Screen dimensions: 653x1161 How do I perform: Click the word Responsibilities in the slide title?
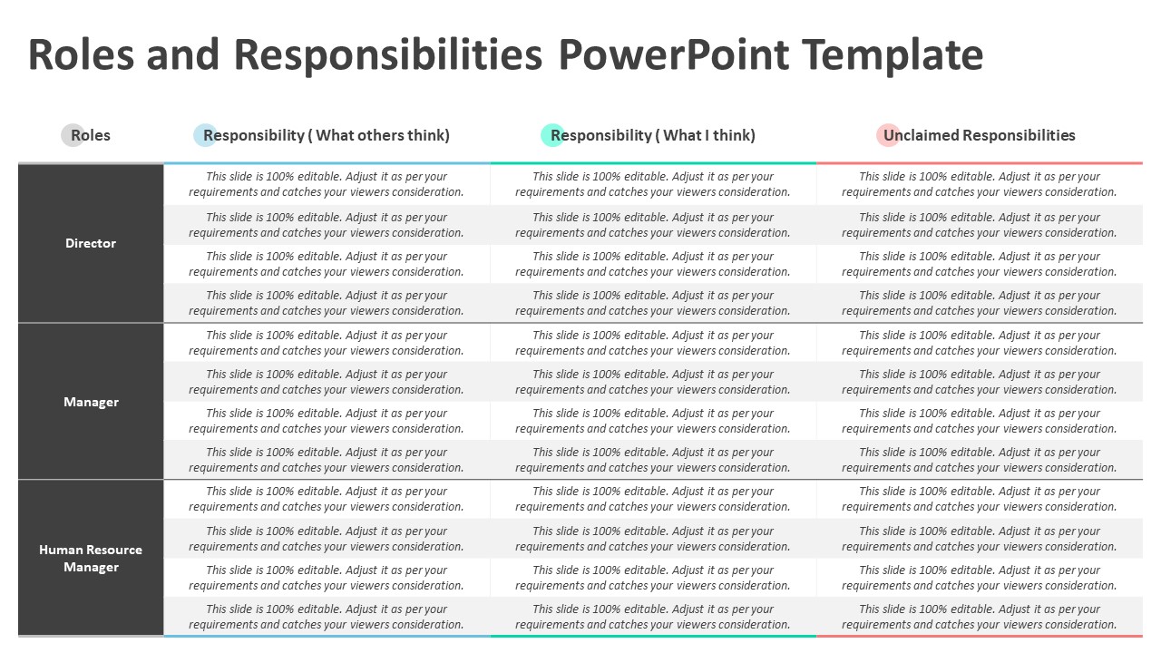388,54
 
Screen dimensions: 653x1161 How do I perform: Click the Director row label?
91,243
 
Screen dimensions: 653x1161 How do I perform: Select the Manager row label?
91,402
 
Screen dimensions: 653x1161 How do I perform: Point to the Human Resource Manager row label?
91,558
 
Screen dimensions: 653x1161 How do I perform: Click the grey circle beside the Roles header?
73,135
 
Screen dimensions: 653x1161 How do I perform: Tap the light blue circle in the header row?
205,135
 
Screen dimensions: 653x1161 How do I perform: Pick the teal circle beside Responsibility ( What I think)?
552,135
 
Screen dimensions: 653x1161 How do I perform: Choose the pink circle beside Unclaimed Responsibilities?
888,135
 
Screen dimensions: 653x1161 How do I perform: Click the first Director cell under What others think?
327,184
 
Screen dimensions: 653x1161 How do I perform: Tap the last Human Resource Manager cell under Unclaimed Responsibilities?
980,617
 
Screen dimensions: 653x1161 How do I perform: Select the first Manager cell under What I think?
653,343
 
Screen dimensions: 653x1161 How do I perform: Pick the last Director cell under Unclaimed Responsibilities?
980,303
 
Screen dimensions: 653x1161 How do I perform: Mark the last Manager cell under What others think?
327,460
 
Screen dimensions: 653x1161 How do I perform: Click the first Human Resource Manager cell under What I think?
653,499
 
